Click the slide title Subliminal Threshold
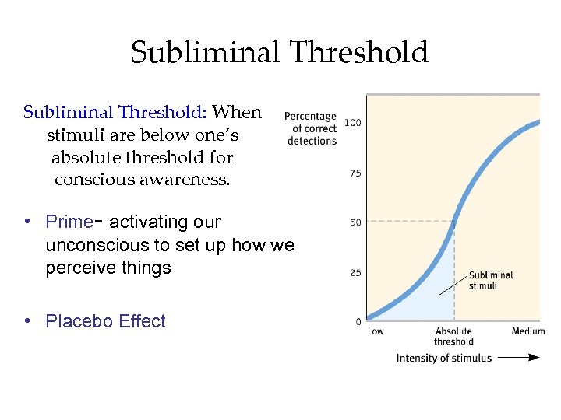pos(280,53)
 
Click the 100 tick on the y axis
pos(353,123)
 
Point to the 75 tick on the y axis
pos(355,173)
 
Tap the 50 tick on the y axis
pos(355,222)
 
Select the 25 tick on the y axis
pos(355,273)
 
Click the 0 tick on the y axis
pos(358,321)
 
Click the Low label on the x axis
pos(376,332)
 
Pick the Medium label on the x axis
pos(528,332)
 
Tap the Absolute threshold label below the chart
pos(453,337)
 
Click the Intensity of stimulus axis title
pos(444,358)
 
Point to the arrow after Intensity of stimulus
pos(519,358)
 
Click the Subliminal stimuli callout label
pos(491,280)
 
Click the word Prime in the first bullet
pos(69,222)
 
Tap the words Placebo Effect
pos(106,321)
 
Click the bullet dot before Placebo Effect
pos(27,320)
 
